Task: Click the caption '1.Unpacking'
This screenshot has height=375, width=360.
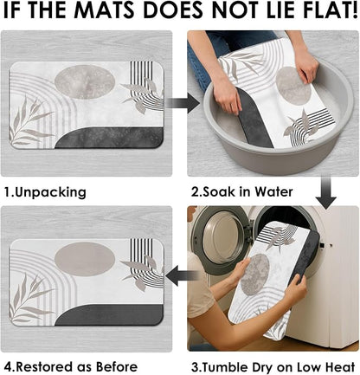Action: [45, 192]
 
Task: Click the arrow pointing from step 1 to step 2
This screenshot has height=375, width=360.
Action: [183, 103]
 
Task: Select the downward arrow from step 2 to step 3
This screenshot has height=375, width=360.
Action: [326, 193]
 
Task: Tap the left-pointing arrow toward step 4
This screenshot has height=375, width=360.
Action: [183, 275]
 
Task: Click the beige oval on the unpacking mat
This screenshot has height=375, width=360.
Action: [85, 82]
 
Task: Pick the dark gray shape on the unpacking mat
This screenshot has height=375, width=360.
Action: [109, 138]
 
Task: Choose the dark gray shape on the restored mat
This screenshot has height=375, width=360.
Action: [109, 315]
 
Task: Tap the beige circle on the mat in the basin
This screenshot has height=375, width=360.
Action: [291, 85]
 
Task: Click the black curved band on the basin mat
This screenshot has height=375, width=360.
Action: [254, 119]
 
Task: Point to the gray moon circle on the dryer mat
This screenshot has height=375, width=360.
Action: [254, 275]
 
